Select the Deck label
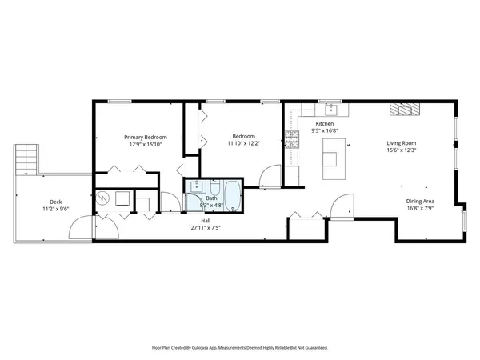(55, 202)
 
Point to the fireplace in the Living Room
(400, 110)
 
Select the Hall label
(206, 220)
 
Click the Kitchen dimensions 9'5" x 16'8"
(324, 131)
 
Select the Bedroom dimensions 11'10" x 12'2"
(243, 145)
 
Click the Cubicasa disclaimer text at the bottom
(240, 348)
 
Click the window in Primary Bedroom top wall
(120, 101)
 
